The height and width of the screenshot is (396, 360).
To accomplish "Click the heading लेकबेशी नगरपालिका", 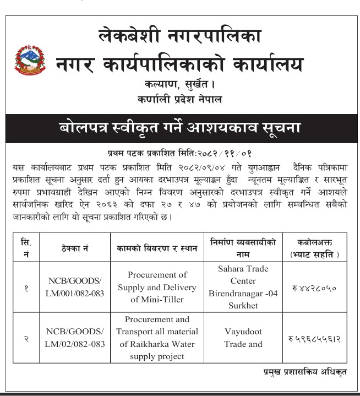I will coord(179,36).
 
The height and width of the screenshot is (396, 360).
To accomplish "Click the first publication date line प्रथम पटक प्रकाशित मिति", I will coord(179,151).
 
